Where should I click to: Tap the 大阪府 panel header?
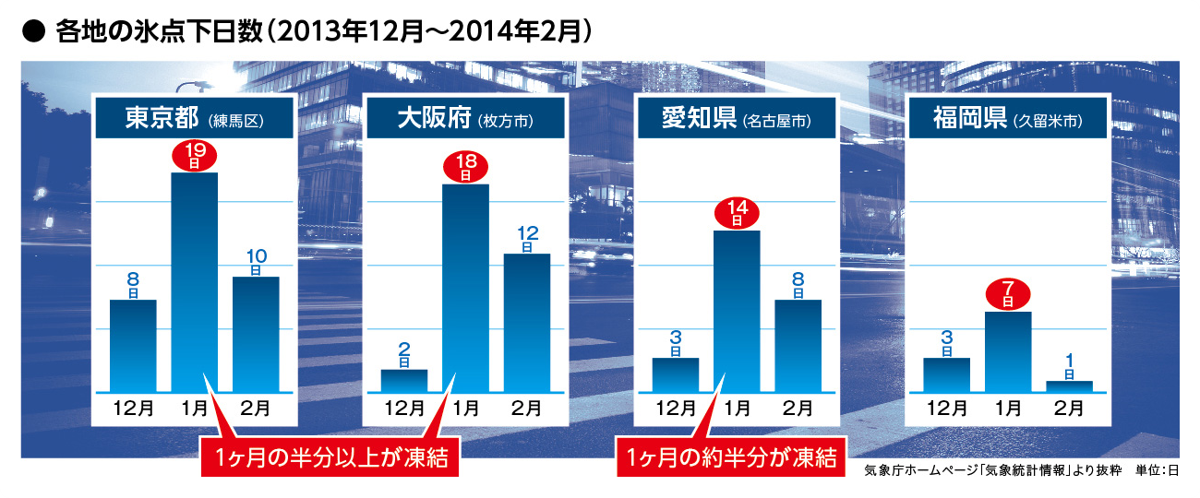(x=465, y=119)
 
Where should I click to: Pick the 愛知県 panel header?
(x=736, y=119)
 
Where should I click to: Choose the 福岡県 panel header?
(x=1006, y=119)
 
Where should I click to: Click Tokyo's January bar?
(x=196, y=281)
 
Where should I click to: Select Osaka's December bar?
(x=404, y=380)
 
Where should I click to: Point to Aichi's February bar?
(x=798, y=345)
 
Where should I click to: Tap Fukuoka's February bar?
(x=1069, y=385)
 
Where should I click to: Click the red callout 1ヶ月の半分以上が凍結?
(x=330, y=456)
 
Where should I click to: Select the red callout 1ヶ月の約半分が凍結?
(x=730, y=456)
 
